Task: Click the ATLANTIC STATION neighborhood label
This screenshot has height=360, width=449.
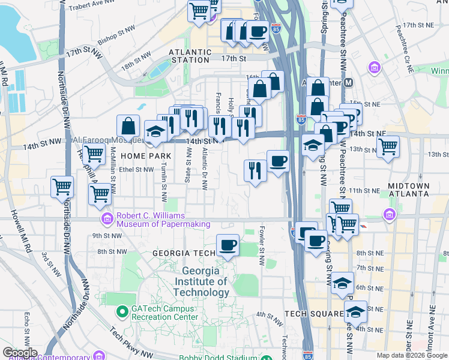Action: [x=190, y=56]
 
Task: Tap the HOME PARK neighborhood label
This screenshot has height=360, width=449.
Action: [x=142, y=155]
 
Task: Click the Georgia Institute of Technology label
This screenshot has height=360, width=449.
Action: [x=201, y=281]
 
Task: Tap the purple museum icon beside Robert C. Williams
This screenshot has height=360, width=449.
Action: [x=107, y=218]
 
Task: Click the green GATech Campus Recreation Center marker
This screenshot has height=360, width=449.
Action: [x=122, y=311]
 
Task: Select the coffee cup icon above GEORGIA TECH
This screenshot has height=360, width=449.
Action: [x=228, y=245]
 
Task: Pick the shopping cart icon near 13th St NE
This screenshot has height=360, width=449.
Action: [x=388, y=145]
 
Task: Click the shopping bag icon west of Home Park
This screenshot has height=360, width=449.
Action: [x=128, y=126]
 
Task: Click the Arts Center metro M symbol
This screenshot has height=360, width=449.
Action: [x=349, y=82]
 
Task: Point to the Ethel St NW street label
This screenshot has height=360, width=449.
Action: [x=136, y=169]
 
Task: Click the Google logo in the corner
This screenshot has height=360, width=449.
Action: [x=19, y=353]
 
